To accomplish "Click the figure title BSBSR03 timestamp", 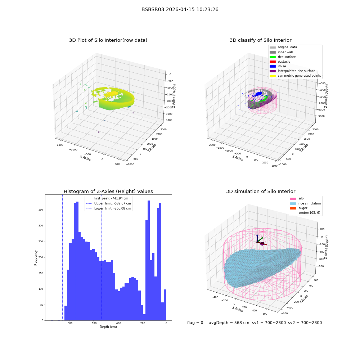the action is (180, 9).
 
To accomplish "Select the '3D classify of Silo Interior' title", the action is (261, 40).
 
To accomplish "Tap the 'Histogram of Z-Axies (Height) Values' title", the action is (108, 191).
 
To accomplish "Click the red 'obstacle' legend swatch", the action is (273, 62).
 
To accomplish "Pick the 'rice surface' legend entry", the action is (283, 57).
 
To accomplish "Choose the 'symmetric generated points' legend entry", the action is (295, 76).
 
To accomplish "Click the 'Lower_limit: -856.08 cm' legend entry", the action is (108, 208).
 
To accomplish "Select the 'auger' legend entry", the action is (299, 208).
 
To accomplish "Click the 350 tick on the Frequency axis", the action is (41, 210).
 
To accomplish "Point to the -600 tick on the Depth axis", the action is (94, 323).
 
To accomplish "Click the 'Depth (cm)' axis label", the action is (108, 327).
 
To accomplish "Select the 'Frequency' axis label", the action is (36, 258).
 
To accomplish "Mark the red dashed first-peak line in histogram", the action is (76, 257).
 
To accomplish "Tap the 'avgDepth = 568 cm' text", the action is (229, 323).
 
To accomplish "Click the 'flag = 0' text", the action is (195, 323).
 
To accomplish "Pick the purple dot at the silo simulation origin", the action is (262, 244).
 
